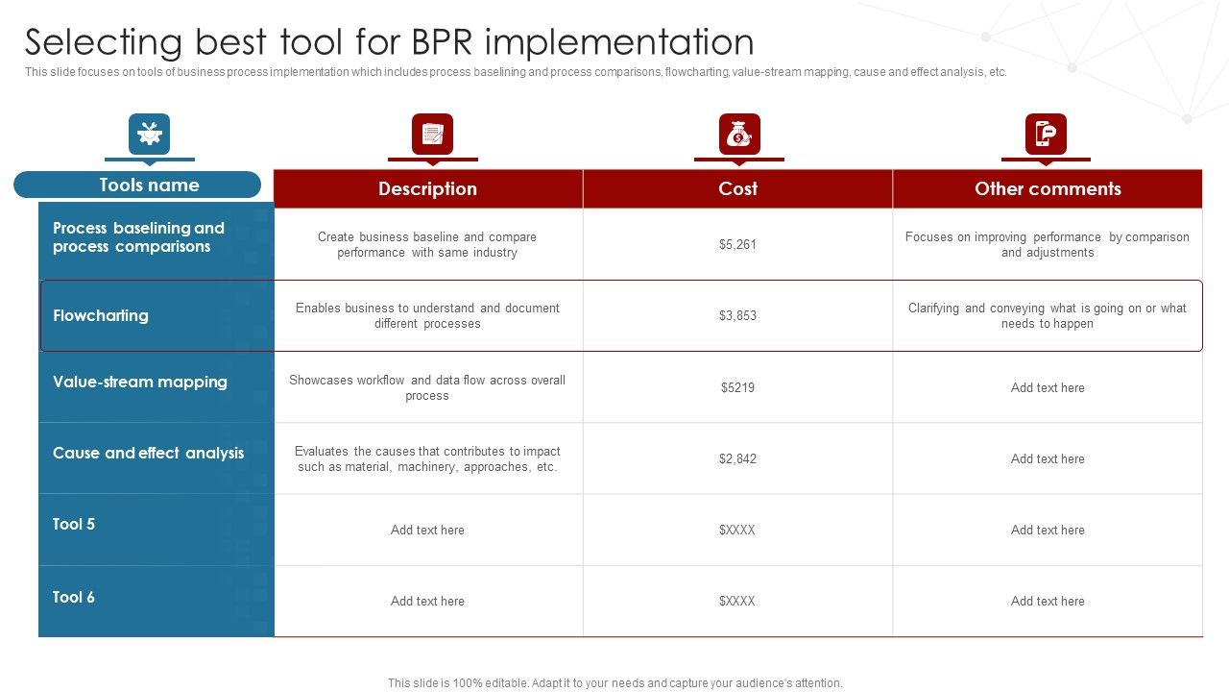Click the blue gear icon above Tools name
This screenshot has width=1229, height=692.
(x=149, y=135)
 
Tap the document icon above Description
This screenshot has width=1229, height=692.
(x=432, y=135)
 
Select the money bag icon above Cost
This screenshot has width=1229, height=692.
(x=738, y=135)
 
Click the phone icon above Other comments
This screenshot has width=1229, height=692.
(x=1046, y=135)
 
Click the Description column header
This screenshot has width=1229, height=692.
(x=427, y=188)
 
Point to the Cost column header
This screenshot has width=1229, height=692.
(x=737, y=188)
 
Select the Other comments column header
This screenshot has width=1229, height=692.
(x=1048, y=188)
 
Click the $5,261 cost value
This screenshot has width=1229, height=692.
(x=737, y=245)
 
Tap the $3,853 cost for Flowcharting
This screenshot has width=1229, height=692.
(x=737, y=316)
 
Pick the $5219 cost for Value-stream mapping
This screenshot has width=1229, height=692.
(x=737, y=388)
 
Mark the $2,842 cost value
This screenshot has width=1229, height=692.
(x=737, y=459)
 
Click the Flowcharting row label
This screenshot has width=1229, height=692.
(x=101, y=316)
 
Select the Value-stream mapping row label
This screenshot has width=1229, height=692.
(x=140, y=383)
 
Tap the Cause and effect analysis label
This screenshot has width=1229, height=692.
(x=148, y=454)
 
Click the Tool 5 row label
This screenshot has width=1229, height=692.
(x=74, y=525)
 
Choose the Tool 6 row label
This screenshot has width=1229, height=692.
(x=74, y=598)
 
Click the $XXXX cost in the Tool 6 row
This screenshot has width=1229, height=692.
(x=737, y=602)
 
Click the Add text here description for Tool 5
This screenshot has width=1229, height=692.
(x=427, y=531)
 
